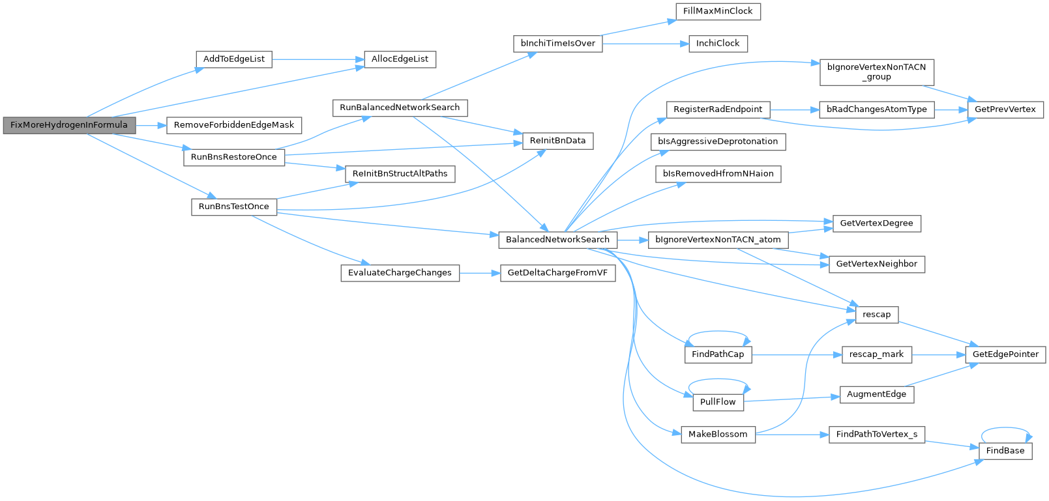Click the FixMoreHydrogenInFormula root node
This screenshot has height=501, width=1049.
pyautogui.click(x=69, y=125)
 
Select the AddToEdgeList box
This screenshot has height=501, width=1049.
pyautogui.click(x=233, y=59)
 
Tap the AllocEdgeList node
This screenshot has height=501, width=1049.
pyautogui.click(x=400, y=59)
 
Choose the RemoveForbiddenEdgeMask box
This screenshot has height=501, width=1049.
pyautogui.click(x=233, y=125)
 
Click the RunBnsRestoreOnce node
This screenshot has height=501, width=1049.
pyautogui.click(x=233, y=157)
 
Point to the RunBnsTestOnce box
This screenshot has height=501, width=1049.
pyautogui.click(x=233, y=207)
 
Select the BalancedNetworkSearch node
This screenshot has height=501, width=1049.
pyautogui.click(x=557, y=240)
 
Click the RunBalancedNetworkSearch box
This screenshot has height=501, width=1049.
pyautogui.click(x=400, y=107)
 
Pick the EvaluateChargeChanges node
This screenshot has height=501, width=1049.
pyautogui.click(x=400, y=273)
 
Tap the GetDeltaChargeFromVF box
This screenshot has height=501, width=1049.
pyautogui.click(x=557, y=273)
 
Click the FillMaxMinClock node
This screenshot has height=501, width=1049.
pyautogui.click(x=717, y=11)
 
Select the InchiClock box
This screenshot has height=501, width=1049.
pyautogui.click(x=717, y=44)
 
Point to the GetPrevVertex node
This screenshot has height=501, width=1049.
pyautogui.click(x=1005, y=109)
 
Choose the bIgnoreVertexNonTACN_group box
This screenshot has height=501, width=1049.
pyautogui.click(x=876, y=72)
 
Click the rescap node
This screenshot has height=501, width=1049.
pyautogui.click(x=876, y=315)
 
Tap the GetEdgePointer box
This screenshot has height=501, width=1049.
pyautogui.click(x=1005, y=354)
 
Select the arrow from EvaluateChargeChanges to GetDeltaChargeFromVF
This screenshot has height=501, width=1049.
pyautogui.click(x=480, y=273)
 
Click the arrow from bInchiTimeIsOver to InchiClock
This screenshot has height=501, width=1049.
pyautogui.click(x=646, y=44)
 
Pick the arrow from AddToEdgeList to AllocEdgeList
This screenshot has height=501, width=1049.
pyautogui.click(x=318, y=59)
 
